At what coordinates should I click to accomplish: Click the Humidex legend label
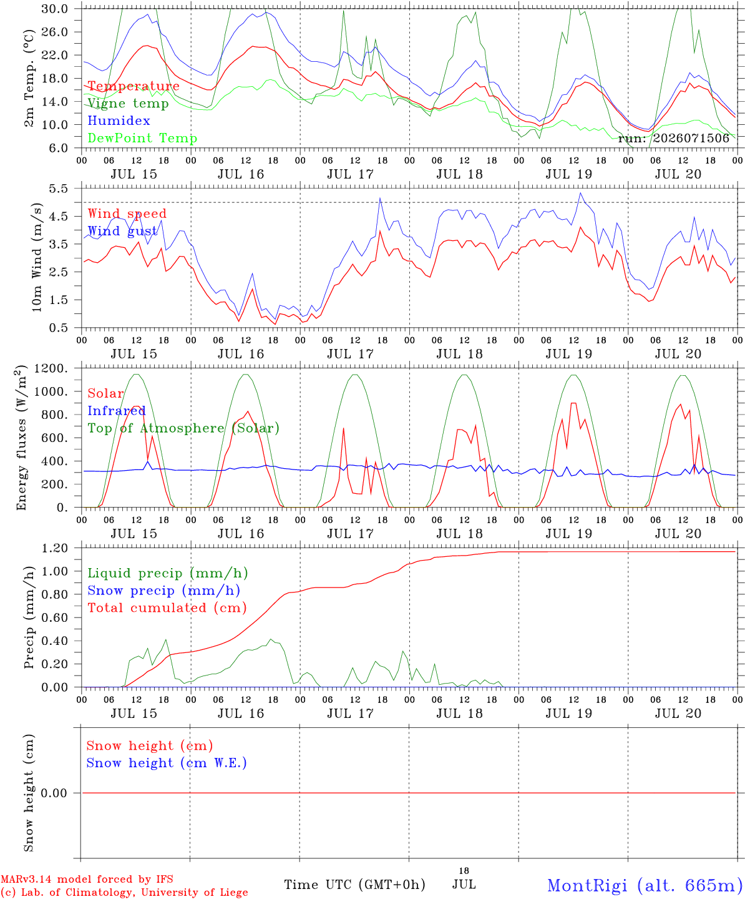tap(119, 120)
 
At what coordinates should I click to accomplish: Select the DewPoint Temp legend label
tap(142, 138)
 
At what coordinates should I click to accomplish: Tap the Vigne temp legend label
tap(129, 104)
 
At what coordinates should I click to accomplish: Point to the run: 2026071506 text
tap(673, 138)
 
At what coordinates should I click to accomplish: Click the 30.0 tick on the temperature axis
tap(54, 9)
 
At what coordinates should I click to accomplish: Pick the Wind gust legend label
tap(123, 231)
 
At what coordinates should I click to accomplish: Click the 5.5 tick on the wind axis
tap(58, 189)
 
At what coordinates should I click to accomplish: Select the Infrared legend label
tap(117, 411)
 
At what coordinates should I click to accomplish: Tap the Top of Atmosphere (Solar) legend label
tap(184, 428)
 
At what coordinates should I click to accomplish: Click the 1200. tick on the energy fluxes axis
tap(51, 368)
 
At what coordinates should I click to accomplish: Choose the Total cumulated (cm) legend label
tap(167, 608)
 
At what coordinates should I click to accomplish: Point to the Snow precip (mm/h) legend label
tap(163, 591)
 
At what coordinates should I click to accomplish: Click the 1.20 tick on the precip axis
tap(54, 548)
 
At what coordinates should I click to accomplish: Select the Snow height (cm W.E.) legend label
tap(167, 763)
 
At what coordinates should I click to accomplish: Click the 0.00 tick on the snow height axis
tap(54, 793)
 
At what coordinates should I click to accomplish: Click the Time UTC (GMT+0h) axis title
tap(354, 885)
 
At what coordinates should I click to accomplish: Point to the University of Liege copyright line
tap(124, 892)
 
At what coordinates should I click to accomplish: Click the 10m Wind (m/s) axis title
tap(37, 257)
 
